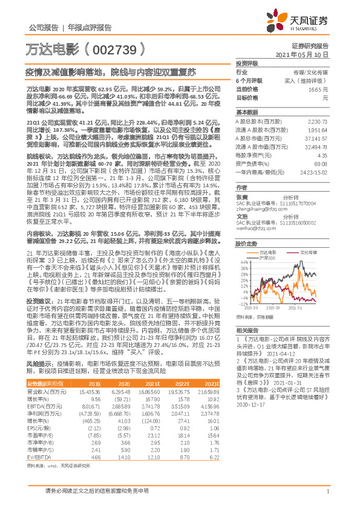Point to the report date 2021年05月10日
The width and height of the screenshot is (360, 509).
(x=307, y=54)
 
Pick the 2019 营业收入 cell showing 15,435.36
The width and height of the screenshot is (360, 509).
(x=88, y=392)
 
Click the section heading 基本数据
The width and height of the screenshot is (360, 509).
(x=246, y=112)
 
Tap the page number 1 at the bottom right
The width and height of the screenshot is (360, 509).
(x=327, y=493)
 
